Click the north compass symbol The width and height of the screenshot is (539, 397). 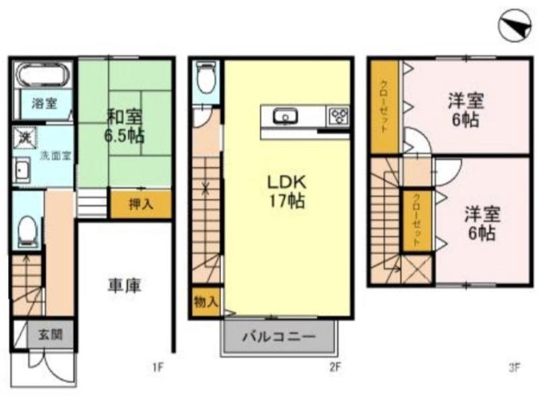pyautogui.click(x=515, y=26)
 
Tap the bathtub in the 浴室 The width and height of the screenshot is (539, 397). pyautogui.click(x=43, y=75)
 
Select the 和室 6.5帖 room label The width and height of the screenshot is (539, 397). pyautogui.click(x=124, y=126)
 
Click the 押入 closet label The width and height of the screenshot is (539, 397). pyautogui.click(x=141, y=205)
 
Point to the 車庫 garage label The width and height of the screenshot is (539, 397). pyautogui.click(x=125, y=286)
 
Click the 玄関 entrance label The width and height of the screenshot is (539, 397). pyautogui.click(x=50, y=334)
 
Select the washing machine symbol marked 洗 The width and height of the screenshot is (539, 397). pyautogui.click(x=24, y=137)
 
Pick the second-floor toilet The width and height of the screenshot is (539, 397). pyautogui.click(x=206, y=77)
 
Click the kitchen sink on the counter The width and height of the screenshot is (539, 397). pyautogui.click(x=285, y=116)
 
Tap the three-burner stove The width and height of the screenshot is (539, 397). pyautogui.click(x=339, y=116)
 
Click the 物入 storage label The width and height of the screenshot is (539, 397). pyautogui.click(x=205, y=302)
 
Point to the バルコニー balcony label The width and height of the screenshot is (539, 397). pyautogui.click(x=279, y=336)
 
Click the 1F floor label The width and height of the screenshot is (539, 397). pyautogui.click(x=158, y=368)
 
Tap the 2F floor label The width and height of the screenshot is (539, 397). pyautogui.click(x=335, y=368)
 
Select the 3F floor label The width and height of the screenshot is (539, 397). pyautogui.click(x=514, y=368)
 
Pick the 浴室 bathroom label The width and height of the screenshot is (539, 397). pyautogui.click(x=44, y=103)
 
